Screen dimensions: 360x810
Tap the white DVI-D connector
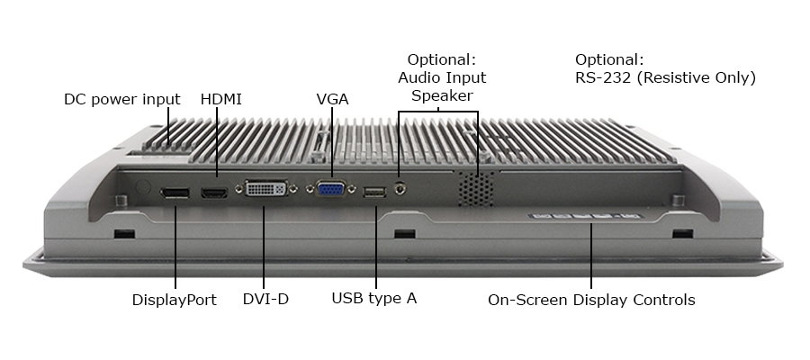click(x=266, y=190)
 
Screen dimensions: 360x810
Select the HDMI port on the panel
click(x=214, y=193)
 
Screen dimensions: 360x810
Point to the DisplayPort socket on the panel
click(x=175, y=193)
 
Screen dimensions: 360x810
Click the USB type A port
click(x=374, y=192)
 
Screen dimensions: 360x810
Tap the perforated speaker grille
click(x=477, y=187)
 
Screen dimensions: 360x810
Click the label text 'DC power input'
click(x=121, y=98)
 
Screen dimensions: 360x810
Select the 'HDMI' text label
click(x=220, y=98)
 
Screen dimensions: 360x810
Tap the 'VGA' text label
click(x=332, y=98)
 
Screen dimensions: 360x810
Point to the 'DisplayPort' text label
click(x=174, y=300)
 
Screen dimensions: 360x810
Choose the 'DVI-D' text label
click(x=265, y=299)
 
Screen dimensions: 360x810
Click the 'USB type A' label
click(x=373, y=299)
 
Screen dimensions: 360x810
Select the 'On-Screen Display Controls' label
click(x=591, y=300)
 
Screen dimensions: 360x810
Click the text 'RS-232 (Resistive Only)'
click(x=665, y=78)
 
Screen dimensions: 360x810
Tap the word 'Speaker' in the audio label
click(x=441, y=95)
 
